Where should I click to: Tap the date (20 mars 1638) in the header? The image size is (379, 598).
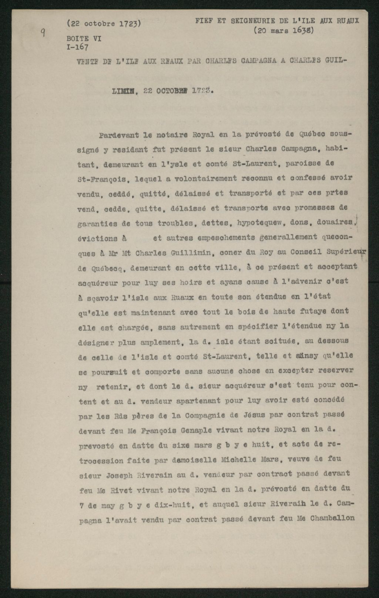tap(284, 31)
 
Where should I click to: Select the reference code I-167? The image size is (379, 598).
tap(77, 47)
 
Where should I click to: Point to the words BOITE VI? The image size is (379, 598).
tap(84, 38)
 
